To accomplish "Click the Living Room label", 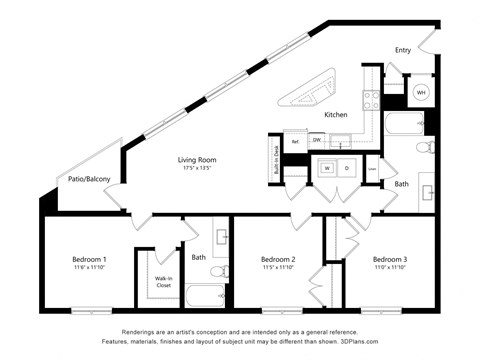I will pyautogui.click(x=197, y=159).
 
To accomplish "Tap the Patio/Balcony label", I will pyautogui.click(x=88, y=179).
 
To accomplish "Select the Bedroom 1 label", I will pyautogui.click(x=89, y=259).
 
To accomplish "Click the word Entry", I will pyautogui.click(x=403, y=50).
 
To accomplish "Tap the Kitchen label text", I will pyautogui.click(x=336, y=115).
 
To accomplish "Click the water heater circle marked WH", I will pyautogui.click(x=421, y=92).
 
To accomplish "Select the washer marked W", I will pyautogui.click(x=327, y=168).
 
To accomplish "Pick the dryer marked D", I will pyautogui.click(x=347, y=168).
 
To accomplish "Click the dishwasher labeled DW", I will pyautogui.click(x=316, y=141).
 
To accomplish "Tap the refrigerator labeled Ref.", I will pyautogui.click(x=295, y=141).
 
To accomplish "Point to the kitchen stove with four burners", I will pyautogui.click(x=370, y=99).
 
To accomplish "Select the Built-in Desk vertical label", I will pyautogui.click(x=274, y=156).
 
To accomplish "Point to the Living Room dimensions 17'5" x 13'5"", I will pyautogui.click(x=197, y=168).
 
